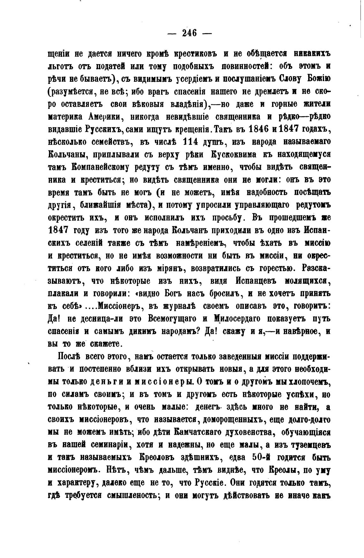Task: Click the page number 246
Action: pos(189,33)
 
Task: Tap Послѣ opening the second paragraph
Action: pos(70,356)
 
